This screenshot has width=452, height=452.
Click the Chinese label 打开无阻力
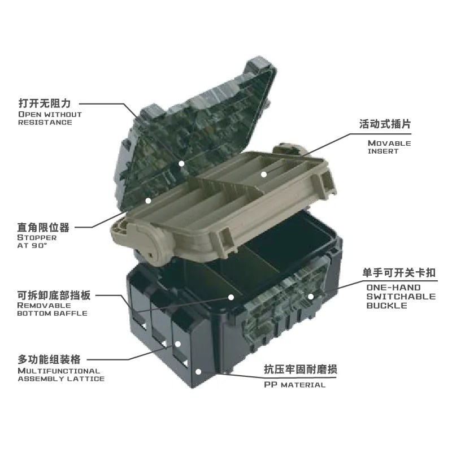coord(45,103)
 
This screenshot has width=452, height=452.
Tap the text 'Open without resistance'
coord(50,118)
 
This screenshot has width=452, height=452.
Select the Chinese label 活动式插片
coord(385,124)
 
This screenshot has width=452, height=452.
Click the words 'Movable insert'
coord(389,147)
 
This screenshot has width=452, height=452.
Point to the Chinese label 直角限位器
coord(44,228)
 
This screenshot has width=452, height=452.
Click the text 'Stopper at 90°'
coord(37,242)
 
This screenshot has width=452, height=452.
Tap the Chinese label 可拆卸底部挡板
coord(54,295)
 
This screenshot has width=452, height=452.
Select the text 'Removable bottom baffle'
coord(52,309)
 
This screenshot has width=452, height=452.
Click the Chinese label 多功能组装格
coord(49,359)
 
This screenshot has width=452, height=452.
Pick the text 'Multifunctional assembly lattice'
coord(61,375)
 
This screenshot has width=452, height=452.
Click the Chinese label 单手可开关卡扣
coord(399,273)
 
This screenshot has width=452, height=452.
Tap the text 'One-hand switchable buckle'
coord(401,296)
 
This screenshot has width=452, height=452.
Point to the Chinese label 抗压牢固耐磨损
coord(301,370)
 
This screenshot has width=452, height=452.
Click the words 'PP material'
coord(294,385)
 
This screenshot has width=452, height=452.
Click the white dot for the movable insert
coord(264,174)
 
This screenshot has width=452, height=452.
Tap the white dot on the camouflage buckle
coord(311,296)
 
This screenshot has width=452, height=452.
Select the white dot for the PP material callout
coord(198,372)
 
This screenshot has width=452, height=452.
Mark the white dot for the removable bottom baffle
coord(231,297)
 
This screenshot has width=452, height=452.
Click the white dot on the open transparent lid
coord(181,164)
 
